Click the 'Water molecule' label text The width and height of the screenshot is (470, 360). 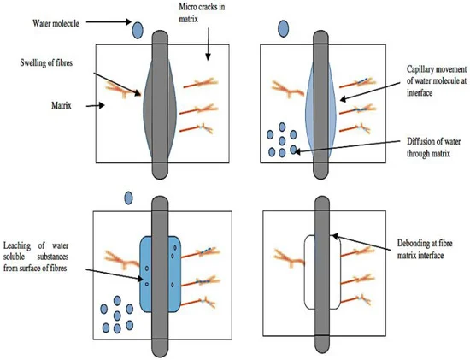[x=56, y=23]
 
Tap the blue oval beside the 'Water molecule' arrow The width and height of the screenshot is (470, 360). [x=138, y=30]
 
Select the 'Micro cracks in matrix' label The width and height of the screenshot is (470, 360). [x=202, y=12]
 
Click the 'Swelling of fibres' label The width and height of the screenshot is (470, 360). [x=46, y=63]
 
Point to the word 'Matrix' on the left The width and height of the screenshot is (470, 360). [x=62, y=105]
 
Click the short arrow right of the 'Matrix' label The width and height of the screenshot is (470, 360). [x=96, y=105]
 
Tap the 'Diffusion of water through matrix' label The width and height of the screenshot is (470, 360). [x=433, y=147]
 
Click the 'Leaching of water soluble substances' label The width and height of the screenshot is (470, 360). [x=36, y=257]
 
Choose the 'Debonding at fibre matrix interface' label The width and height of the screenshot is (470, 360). [x=425, y=249]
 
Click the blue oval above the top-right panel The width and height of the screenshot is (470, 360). [x=284, y=29]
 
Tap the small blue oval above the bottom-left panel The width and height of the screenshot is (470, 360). [x=128, y=198]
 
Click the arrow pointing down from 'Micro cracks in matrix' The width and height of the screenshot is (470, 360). [x=208, y=44]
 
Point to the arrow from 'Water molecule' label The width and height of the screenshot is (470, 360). [x=109, y=21]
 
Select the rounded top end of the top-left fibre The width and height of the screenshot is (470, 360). [x=160, y=38]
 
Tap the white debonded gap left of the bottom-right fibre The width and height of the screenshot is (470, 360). [x=309, y=273]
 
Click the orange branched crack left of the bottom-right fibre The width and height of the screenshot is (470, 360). [x=290, y=257]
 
